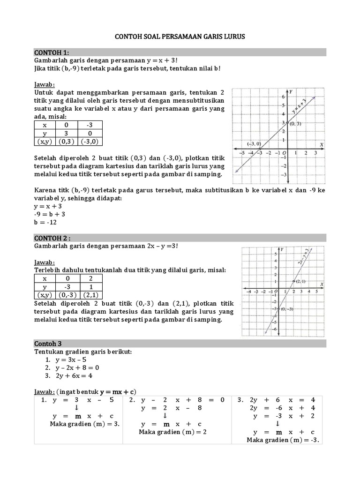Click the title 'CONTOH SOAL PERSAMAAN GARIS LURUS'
click(x=180, y=37)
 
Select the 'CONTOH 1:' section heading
click(x=52, y=52)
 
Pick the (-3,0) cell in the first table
click(x=91, y=142)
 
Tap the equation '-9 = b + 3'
click(x=49, y=214)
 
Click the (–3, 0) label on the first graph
click(x=254, y=144)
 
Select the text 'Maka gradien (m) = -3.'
click(x=283, y=440)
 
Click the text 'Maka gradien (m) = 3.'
click(x=85, y=424)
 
